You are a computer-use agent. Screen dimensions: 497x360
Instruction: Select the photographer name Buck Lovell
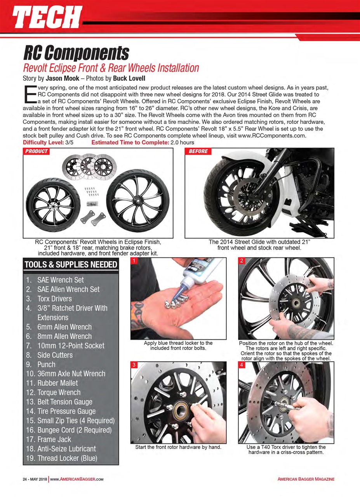pyautogui.click(x=129, y=77)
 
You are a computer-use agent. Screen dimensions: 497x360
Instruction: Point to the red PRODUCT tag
pyautogui.click(x=37, y=151)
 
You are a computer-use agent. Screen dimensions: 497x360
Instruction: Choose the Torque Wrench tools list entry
pyautogui.click(x=59, y=392)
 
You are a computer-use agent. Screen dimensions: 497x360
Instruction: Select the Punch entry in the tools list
pyautogui.click(x=46, y=364)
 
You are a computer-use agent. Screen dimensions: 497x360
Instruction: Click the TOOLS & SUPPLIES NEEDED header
pyautogui.click(x=71, y=265)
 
